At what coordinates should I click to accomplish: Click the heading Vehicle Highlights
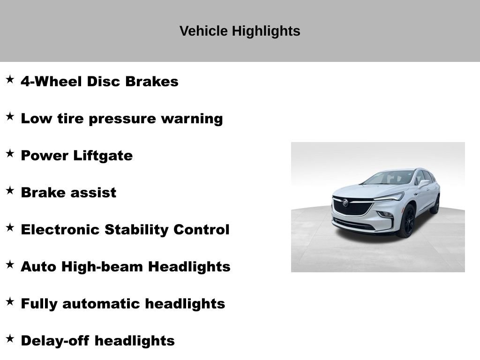point(240,31)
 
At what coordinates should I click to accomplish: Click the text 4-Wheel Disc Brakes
point(99,82)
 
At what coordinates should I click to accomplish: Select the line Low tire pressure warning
point(121,119)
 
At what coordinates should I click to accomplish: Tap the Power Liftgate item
point(76,156)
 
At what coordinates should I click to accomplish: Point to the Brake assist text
point(68,193)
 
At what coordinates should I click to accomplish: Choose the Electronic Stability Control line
point(125,230)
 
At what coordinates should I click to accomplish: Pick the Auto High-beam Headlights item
point(125,267)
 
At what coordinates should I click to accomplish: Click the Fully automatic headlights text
point(123,304)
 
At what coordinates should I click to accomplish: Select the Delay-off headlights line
point(97,341)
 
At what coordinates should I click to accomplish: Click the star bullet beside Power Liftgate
point(10,153)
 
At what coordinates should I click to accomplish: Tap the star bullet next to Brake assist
point(10,190)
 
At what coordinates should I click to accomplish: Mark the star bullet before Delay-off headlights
point(10,338)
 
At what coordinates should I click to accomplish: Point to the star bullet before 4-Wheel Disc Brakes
point(10,79)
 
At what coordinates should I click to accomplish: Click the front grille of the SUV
point(352,208)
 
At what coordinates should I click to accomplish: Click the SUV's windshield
point(389,178)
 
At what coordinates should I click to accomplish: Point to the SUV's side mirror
point(424,184)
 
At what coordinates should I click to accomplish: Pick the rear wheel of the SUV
point(436,205)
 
